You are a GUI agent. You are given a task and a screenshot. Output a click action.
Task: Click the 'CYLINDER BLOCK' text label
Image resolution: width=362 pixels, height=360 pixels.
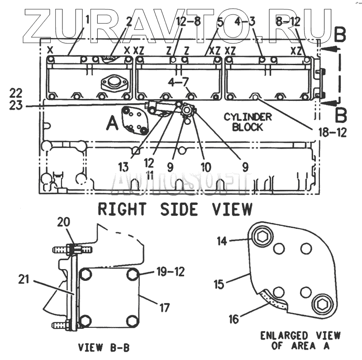coord(248,122)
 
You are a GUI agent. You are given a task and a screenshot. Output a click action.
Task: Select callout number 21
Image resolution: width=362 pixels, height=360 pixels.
coord(24,279)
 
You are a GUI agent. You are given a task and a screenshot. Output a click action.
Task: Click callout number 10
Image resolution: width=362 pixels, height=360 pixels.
coord(206,167)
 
